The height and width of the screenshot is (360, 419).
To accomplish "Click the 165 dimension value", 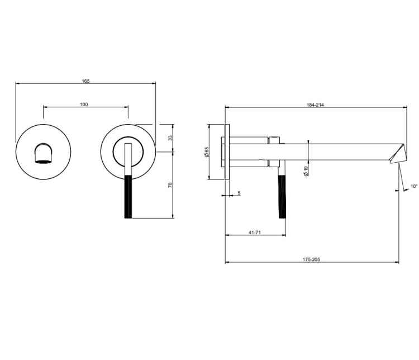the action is [x=85, y=80].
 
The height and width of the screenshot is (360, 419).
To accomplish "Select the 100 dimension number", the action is [x=84, y=105].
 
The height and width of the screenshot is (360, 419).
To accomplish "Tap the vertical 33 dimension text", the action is [x=170, y=138].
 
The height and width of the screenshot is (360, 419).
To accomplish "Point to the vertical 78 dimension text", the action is [x=170, y=185].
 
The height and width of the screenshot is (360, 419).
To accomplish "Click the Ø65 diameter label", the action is [x=206, y=151].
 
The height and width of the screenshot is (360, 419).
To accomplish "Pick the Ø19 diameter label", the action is [x=306, y=171].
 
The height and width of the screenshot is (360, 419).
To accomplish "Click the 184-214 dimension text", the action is [x=315, y=105].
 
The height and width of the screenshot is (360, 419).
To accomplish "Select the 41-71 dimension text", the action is [x=255, y=233].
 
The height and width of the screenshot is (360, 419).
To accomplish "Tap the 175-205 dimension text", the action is [x=311, y=259].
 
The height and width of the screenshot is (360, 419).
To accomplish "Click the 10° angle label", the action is [x=414, y=186].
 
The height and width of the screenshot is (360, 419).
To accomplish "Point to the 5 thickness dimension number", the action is [x=239, y=193].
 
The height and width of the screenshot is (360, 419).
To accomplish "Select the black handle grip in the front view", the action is [x=128, y=197].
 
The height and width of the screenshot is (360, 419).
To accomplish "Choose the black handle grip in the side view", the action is [x=282, y=197].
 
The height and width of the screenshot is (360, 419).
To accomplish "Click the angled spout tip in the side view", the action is [x=398, y=154].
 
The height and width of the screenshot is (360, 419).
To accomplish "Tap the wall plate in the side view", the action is [x=227, y=152].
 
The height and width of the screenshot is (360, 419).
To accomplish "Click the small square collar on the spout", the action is [x=274, y=151].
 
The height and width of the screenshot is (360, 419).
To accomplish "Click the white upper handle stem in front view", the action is [x=128, y=159].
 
